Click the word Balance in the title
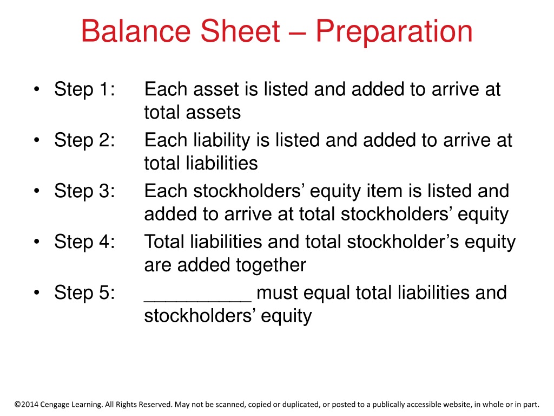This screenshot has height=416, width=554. pyautogui.click(x=136, y=31)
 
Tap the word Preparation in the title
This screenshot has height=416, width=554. pyautogui.click(x=394, y=32)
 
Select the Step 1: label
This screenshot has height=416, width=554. pyautogui.click(x=84, y=89)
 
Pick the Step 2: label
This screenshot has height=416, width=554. pyautogui.click(x=84, y=140)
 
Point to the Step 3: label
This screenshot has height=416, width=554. pyautogui.click(x=84, y=191)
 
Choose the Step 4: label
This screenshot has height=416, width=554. pyautogui.click(x=84, y=242)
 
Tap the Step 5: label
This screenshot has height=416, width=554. pyautogui.click(x=84, y=292)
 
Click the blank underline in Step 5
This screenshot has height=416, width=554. pyautogui.click(x=198, y=301)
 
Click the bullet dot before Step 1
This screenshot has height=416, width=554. pyautogui.click(x=37, y=89)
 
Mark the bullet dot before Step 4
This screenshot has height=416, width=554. pyautogui.click(x=37, y=242)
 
